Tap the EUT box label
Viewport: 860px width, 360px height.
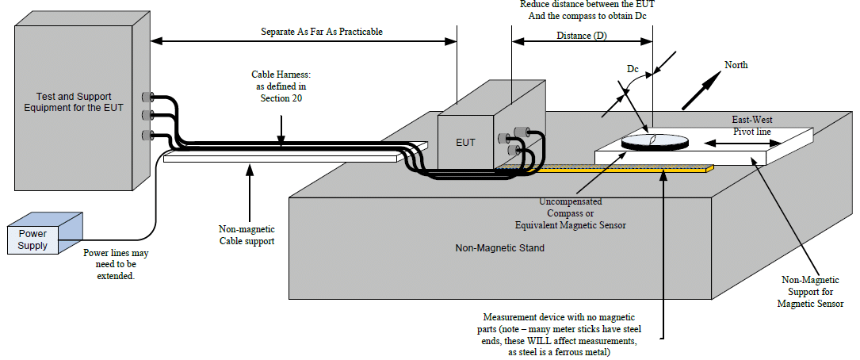466,142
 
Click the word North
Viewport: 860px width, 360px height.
736,65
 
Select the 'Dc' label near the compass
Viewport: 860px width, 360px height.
633,69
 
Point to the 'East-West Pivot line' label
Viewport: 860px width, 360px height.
752,125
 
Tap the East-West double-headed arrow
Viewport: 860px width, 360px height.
737,144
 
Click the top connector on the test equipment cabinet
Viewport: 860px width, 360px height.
147,97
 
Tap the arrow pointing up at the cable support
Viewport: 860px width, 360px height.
250,190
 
